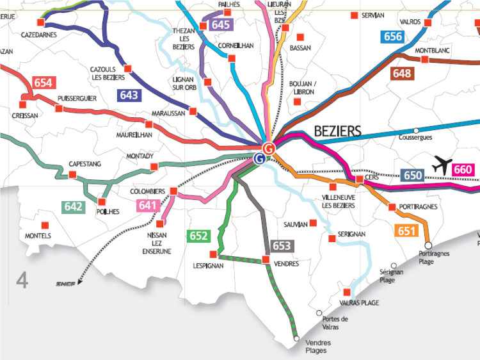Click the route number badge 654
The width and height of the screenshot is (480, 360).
(x=44, y=83)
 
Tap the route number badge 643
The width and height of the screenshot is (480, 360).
(x=129, y=95)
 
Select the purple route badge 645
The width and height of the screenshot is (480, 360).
(x=220, y=25)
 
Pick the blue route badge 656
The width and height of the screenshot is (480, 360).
(x=392, y=37)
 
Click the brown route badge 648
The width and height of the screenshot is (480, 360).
(x=402, y=74)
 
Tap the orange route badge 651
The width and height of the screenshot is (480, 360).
(x=407, y=231)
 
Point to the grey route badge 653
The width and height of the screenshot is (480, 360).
(x=281, y=245)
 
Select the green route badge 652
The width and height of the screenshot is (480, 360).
(x=198, y=236)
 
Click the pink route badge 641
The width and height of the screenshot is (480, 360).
(x=148, y=206)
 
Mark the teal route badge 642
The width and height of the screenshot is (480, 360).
(x=74, y=206)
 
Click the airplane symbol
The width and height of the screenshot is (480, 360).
(x=442, y=164)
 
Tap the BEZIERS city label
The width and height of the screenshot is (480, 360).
(x=337, y=131)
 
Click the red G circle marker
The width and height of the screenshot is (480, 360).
(x=269, y=148)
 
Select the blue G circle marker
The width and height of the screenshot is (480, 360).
(x=259, y=158)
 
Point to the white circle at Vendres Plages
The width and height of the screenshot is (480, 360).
(x=296, y=338)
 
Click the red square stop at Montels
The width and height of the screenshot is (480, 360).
(x=44, y=225)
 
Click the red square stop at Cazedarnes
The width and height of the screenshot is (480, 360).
(x=41, y=22)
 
